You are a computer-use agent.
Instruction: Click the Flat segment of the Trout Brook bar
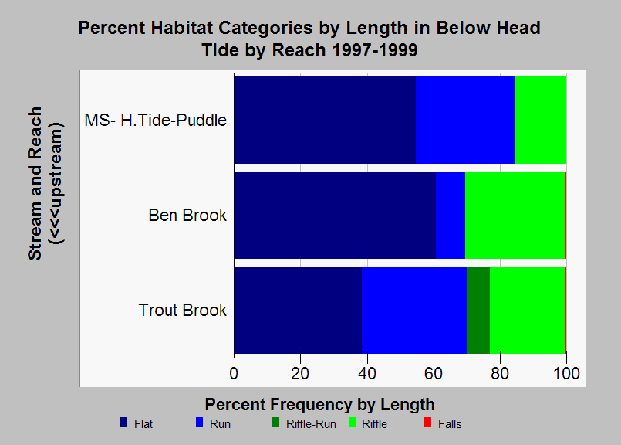298,310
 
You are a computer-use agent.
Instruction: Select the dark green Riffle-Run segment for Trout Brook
478,310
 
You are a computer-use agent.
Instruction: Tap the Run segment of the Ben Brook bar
451,215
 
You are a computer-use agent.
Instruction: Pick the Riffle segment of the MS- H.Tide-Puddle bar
541,120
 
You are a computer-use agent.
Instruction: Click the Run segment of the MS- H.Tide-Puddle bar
465,120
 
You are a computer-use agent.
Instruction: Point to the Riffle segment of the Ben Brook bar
515,215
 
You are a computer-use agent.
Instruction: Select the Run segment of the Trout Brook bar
414,310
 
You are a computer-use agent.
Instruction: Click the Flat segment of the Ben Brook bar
335,215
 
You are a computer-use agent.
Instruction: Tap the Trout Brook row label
183,310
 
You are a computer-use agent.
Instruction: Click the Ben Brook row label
187,216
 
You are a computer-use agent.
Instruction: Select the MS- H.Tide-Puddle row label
156,121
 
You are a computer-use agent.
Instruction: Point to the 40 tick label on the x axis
367,374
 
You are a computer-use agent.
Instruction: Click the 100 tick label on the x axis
566,374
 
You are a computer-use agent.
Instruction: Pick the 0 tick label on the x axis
234,374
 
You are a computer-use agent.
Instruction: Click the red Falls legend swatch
427,423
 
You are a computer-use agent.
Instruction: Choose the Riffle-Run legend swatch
275,423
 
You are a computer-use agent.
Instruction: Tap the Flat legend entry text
143,424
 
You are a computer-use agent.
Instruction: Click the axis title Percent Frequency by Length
319,405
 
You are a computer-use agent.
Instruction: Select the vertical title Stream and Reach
35,183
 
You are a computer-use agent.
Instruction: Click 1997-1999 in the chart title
374,50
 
